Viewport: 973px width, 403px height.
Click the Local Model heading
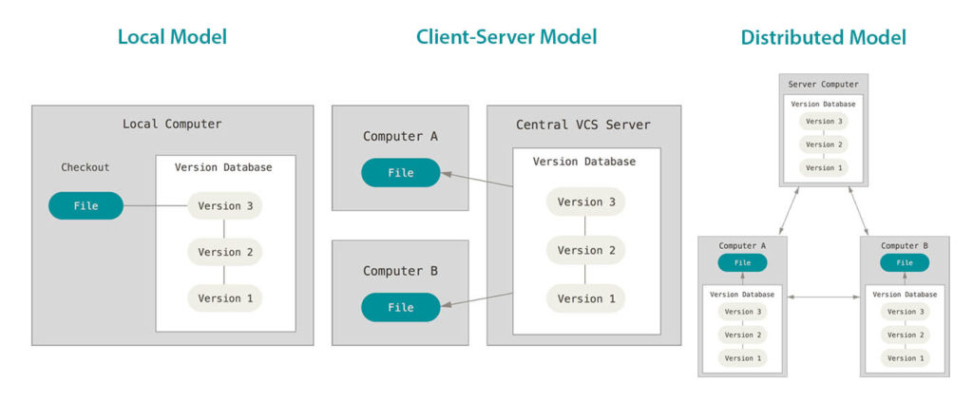[x=172, y=38]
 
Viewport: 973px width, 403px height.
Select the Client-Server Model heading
[x=506, y=38]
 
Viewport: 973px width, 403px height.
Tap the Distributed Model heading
[x=823, y=38]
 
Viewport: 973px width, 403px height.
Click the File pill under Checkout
[x=86, y=206]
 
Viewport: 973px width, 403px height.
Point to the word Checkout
[x=86, y=167]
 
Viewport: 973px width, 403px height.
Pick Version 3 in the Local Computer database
[x=225, y=206]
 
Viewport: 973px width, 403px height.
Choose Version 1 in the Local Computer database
[x=225, y=298]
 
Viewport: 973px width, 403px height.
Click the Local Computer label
[x=172, y=125]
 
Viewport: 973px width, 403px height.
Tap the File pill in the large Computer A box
[x=401, y=173]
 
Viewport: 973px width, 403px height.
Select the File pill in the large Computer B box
[x=401, y=307]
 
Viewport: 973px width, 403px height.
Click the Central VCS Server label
[x=583, y=125]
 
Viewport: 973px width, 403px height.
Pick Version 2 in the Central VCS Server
[x=585, y=251]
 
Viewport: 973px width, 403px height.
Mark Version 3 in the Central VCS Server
[x=585, y=202]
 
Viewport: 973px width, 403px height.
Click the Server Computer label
[x=823, y=85]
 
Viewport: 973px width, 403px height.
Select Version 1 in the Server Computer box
[x=823, y=167]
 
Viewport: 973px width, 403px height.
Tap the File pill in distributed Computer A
[x=743, y=263]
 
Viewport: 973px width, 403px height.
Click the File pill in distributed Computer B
[x=905, y=263]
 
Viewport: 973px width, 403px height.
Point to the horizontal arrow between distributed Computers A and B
[x=824, y=298]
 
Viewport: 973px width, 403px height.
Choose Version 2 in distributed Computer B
[x=905, y=335]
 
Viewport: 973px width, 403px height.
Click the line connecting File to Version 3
[x=156, y=206]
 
